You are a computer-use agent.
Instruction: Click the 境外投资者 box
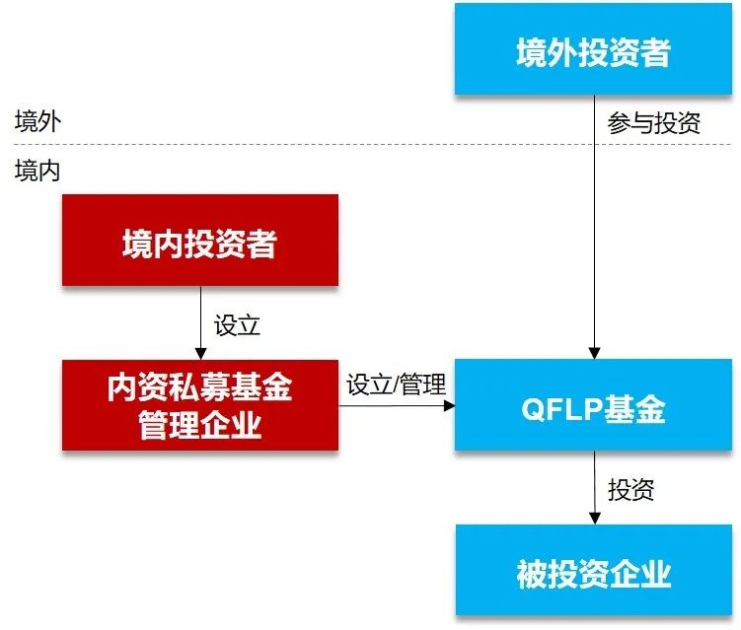593,50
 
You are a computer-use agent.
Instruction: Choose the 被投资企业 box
593,571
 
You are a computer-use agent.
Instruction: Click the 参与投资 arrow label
654,123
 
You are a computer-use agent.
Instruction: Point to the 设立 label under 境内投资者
237,324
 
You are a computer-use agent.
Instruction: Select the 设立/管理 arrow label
397,384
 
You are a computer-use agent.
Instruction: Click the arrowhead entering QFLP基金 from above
594,350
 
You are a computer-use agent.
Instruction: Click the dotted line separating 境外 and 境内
296,146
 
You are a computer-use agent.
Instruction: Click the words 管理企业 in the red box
200,426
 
